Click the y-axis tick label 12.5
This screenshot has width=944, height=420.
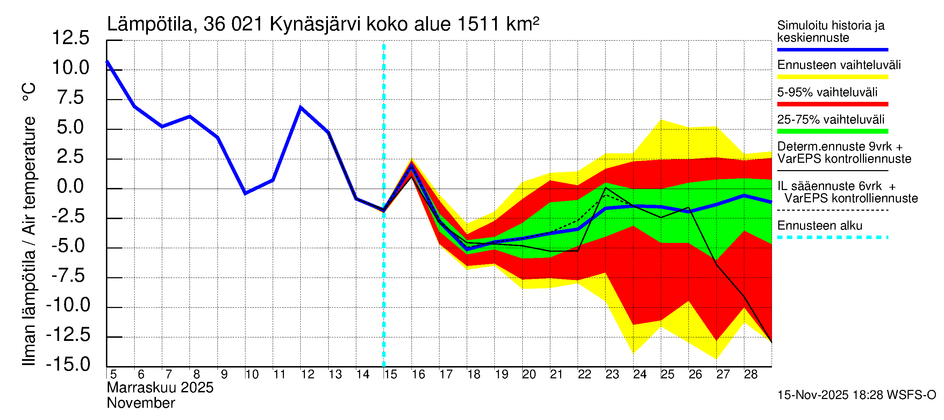point(70,38)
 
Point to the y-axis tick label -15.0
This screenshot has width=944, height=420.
point(68,365)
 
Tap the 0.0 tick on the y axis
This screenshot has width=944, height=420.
point(70,187)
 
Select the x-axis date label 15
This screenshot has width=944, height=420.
point(391,374)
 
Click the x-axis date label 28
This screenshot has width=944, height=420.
point(751,374)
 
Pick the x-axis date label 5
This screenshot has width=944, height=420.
point(113,374)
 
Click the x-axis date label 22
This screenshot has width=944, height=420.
point(584,374)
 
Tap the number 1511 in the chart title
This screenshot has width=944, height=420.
point(478,24)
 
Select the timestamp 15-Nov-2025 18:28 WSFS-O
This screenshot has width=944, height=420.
point(856,395)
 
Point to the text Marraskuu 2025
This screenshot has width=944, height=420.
point(160,388)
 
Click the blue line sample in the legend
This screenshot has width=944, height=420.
point(832,49)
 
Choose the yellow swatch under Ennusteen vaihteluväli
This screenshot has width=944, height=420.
point(832,77)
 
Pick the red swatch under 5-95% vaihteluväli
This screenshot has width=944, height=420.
point(832,104)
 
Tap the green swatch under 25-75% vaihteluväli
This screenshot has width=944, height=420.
point(832,131)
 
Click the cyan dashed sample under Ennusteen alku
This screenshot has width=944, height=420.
point(832,237)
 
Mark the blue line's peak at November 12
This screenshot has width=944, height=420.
point(300,107)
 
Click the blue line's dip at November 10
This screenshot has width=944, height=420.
point(245,193)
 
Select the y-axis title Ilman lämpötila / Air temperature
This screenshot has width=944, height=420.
point(29,224)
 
